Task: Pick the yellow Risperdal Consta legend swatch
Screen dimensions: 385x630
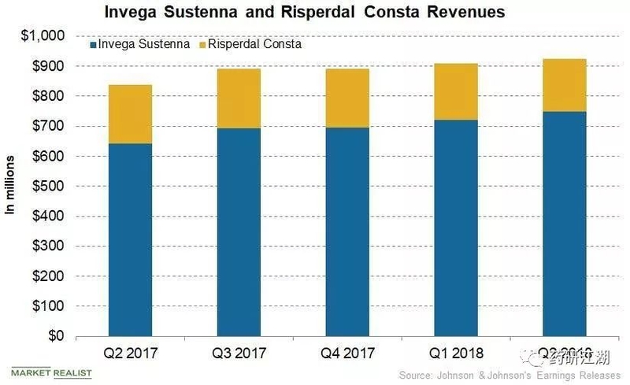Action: (x=203, y=45)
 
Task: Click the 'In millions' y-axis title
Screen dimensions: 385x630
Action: (x=11, y=186)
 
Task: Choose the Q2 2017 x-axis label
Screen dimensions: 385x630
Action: (x=130, y=354)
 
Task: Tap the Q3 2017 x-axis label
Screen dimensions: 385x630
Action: (x=239, y=354)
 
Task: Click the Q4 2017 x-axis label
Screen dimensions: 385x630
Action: (x=347, y=354)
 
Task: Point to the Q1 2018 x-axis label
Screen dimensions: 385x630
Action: (x=456, y=354)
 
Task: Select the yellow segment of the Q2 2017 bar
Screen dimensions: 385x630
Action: (x=130, y=114)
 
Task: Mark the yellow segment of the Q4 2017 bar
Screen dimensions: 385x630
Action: (x=347, y=98)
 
